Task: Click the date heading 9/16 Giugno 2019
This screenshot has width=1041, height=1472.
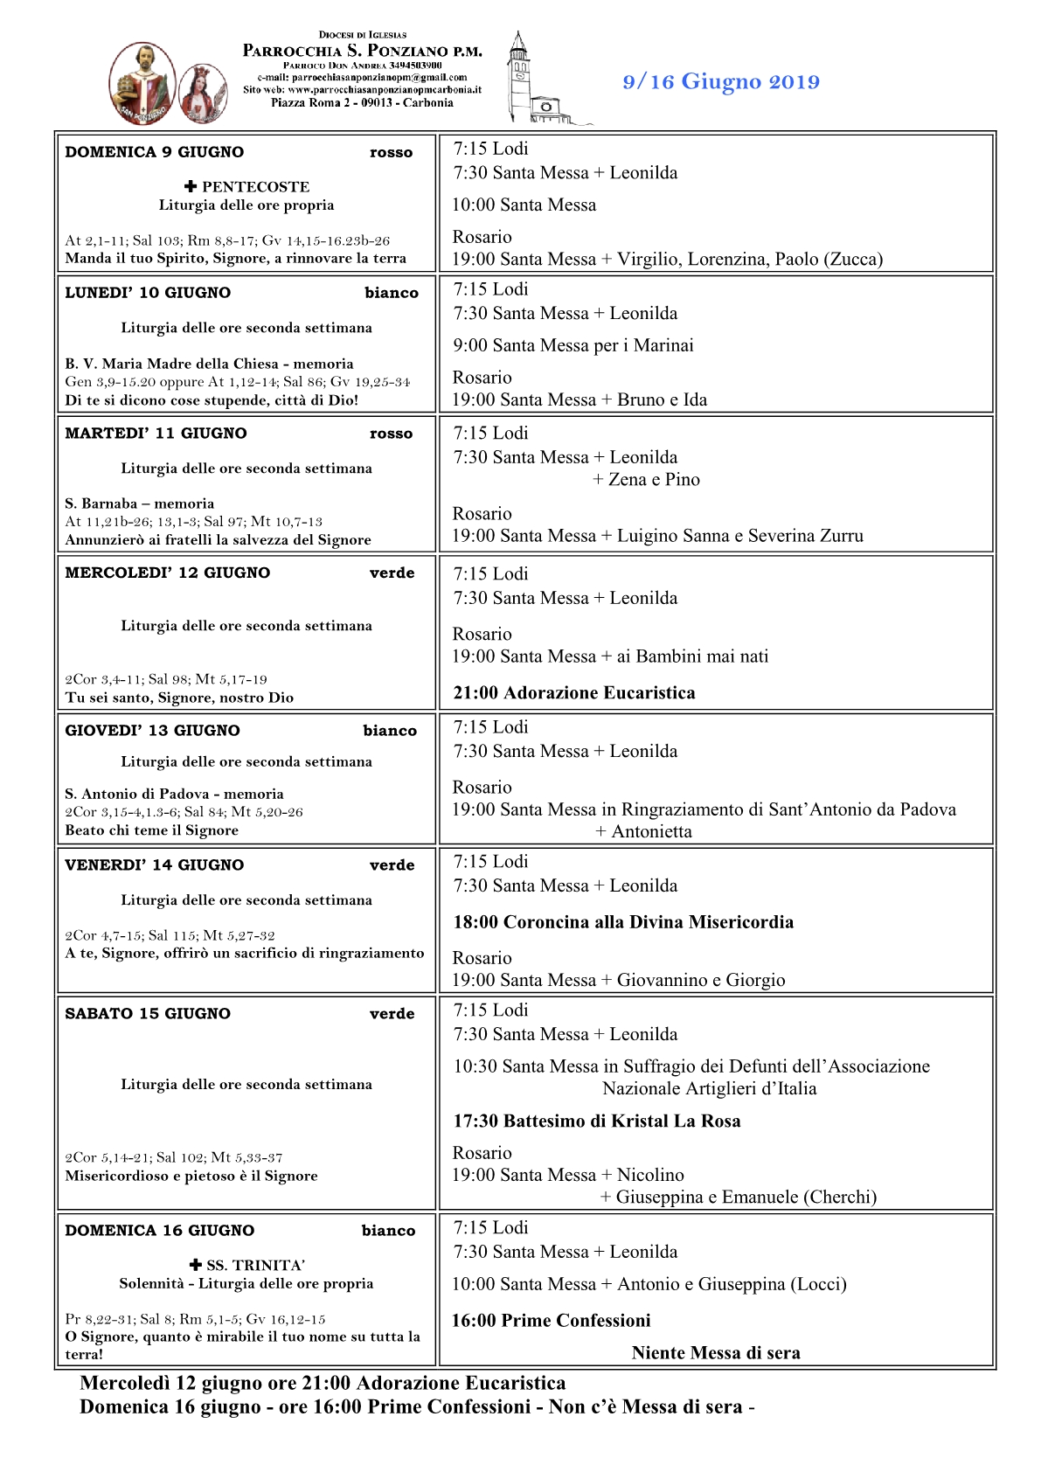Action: pos(721,82)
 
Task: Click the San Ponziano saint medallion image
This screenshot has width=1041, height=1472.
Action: pos(142,83)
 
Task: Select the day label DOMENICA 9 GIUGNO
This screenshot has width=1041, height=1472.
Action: pos(155,152)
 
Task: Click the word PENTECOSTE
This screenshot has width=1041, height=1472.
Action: pos(255,187)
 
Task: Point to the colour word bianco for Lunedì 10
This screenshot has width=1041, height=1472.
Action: pos(392,293)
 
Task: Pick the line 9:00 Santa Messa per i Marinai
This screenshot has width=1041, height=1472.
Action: pos(573,345)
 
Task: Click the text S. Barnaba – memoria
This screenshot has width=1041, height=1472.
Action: pos(139,503)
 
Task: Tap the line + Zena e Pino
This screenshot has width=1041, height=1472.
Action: pos(646,479)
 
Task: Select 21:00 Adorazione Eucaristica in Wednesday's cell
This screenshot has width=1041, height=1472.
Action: pos(574,693)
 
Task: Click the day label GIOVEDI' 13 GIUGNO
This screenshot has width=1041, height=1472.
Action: pos(152,731)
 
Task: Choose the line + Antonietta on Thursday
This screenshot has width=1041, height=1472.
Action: pos(644,831)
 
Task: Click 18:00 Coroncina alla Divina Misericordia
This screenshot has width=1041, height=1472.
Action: pos(623,922)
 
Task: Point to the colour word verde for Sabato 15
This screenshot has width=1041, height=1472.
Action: pos(392,1014)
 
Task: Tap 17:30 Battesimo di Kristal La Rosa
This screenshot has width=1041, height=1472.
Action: pos(596,1121)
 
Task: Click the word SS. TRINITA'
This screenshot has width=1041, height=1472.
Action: pos(255,1266)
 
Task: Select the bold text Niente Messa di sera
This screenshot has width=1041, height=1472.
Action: pos(716,1353)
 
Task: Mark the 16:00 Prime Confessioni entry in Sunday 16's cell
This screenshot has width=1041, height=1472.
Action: pos(551,1321)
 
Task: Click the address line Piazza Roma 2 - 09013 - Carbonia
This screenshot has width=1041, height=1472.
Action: pos(362,103)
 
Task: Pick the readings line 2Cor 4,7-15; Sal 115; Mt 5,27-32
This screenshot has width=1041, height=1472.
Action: pos(170,935)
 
